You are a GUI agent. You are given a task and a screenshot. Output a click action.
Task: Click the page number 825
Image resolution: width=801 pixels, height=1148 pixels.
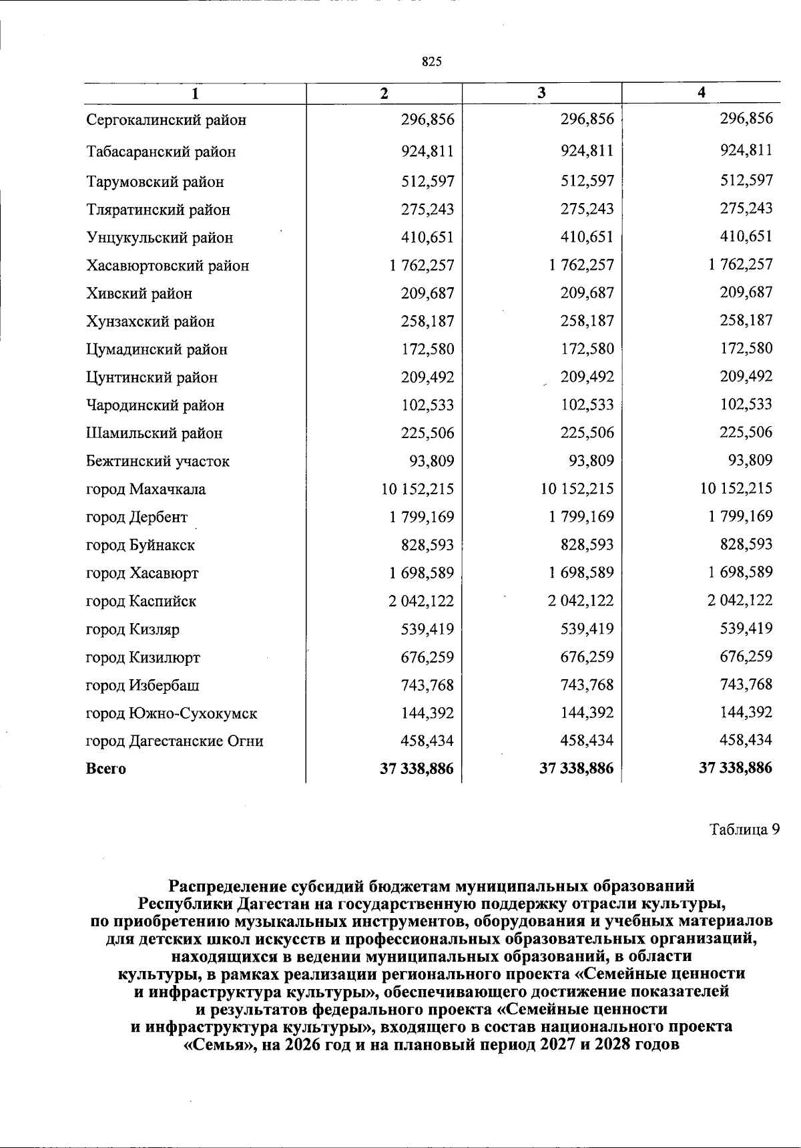click(432, 62)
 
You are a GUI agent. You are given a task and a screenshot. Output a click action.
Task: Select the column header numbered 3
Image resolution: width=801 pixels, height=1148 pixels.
click(541, 93)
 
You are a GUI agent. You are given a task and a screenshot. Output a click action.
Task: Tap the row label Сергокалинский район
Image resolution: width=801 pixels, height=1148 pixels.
click(166, 120)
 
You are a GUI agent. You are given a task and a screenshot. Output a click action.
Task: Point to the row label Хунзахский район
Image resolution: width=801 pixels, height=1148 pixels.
click(150, 322)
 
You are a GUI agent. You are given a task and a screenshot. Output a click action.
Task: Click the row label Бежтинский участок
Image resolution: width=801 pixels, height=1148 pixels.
click(158, 461)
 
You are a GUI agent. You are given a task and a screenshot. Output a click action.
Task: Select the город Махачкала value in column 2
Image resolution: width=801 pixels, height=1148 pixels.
click(417, 489)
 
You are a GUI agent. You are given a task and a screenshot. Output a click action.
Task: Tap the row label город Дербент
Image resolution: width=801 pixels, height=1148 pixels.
click(137, 518)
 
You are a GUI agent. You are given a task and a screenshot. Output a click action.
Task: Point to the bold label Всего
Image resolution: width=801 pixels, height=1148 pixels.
click(106, 769)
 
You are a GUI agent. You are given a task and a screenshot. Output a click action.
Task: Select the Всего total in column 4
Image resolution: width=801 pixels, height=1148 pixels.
click(735, 769)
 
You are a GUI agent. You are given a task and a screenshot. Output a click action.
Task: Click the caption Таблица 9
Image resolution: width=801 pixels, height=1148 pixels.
click(744, 830)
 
